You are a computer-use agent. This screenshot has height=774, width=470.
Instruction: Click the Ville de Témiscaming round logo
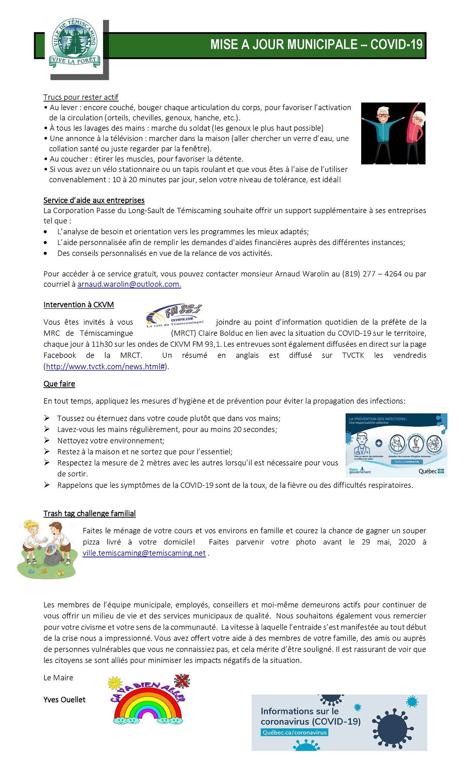(x=74, y=43)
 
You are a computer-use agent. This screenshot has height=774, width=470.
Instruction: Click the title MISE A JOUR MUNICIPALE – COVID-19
(x=316, y=45)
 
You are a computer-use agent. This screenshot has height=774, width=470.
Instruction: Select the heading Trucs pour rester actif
(x=81, y=97)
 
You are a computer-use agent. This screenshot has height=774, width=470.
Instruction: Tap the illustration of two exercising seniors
(x=393, y=133)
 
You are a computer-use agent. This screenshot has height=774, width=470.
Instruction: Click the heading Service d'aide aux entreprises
(x=94, y=200)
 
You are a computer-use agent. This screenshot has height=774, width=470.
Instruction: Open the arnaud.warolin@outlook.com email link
(x=129, y=284)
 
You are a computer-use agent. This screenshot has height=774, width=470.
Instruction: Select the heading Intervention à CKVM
(x=79, y=305)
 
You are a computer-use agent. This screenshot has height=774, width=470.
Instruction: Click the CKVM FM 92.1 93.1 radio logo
(x=175, y=315)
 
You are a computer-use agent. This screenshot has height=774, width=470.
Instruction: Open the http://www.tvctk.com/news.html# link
(x=106, y=366)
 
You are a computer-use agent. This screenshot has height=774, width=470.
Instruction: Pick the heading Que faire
(x=59, y=384)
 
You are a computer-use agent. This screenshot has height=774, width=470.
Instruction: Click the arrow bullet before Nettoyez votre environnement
(x=47, y=440)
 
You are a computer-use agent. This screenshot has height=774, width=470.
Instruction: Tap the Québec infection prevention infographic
(x=396, y=445)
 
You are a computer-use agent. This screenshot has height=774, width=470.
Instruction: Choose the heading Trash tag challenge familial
(x=89, y=514)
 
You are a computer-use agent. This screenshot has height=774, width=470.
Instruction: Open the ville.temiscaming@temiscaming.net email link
(x=144, y=553)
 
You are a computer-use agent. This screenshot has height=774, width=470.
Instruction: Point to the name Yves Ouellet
(x=64, y=700)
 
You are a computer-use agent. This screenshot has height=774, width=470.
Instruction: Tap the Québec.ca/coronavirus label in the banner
(x=295, y=733)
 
